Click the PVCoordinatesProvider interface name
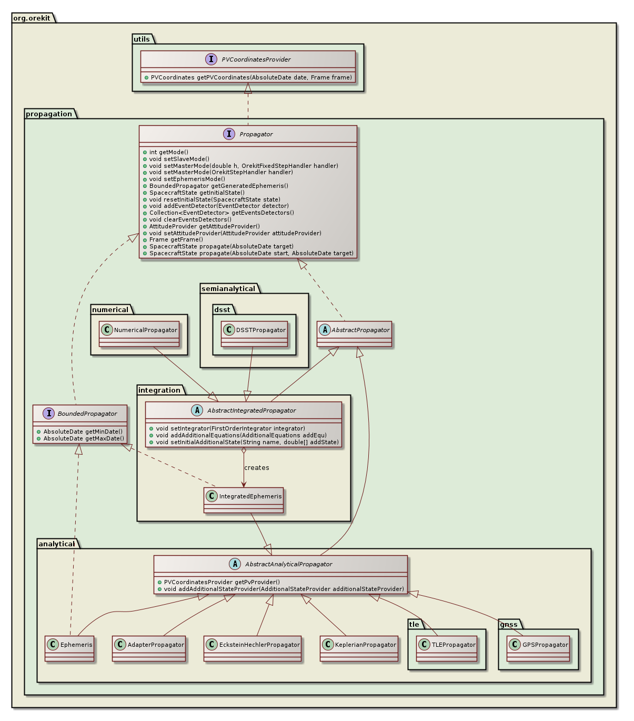[x=256, y=59]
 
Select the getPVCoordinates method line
[x=251, y=77]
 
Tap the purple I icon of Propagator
[x=229, y=134]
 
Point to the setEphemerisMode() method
[x=187, y=179]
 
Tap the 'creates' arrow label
[x=257, y=468]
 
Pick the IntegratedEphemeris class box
[x=244, y=500]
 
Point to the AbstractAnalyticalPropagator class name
[x=288, y=564]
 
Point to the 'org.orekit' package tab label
[x=32, y=17]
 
